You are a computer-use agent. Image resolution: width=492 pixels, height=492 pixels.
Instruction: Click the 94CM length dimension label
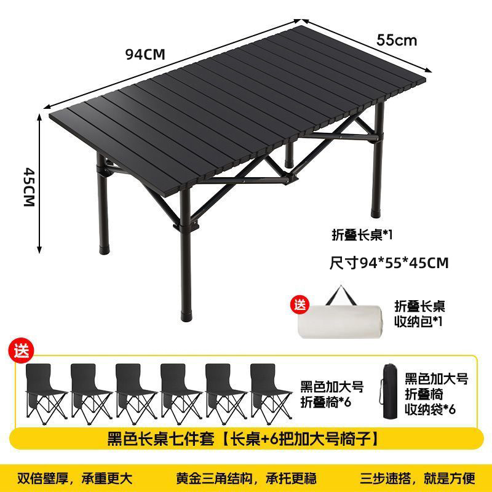point(145,54)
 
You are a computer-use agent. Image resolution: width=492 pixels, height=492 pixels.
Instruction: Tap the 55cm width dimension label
point(397,40)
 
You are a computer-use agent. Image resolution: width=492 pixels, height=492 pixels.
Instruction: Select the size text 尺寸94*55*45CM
point(389,263)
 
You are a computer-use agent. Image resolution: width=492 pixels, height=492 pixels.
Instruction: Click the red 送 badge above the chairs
point(22,352)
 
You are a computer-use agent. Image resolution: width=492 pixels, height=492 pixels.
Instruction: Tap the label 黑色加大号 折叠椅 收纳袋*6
point(436,394)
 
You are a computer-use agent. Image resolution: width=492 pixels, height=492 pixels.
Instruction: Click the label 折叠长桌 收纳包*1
point(419,314)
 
